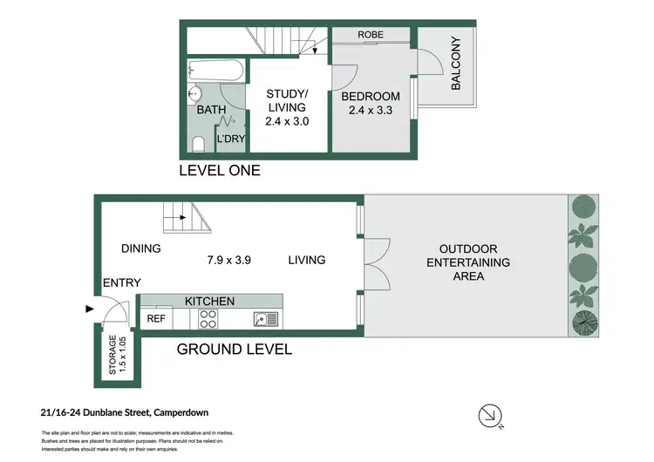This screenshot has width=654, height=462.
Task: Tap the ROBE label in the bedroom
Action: (x=371, y=36)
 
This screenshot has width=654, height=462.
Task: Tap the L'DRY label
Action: (x=230, y=138)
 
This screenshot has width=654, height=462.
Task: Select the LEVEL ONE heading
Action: (x=219, y=171)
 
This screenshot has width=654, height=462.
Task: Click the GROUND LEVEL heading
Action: (x=234, y=350)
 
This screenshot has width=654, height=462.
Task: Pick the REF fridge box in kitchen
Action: (x=156, y=319)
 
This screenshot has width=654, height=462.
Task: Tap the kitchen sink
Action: (x=265, y=319)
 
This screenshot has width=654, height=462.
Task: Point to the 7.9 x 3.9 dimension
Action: (x=229, y=260)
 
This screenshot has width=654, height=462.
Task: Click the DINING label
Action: (x=141, y=248)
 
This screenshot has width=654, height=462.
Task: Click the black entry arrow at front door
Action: (x=89, y=308)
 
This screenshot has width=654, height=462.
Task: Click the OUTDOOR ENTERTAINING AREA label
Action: (x=462, y=262)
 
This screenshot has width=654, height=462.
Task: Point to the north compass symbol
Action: (x=492, y=417)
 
